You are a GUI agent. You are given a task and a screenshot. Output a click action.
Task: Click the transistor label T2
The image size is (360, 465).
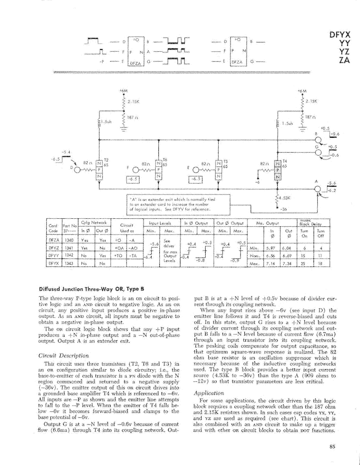(106, 160)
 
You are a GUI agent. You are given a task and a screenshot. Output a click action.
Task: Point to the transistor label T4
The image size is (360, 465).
(284, 160)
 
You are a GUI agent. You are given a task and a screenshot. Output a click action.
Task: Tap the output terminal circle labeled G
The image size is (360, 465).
(320, 152)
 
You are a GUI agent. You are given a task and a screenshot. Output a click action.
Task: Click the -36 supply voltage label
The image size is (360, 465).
(283, 210)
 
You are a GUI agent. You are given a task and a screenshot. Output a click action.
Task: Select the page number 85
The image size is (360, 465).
(332, 447)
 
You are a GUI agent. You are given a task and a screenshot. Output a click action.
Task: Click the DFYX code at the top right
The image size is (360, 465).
(340, 36)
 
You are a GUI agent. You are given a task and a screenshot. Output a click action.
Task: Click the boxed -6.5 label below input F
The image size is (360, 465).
(133, 180)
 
